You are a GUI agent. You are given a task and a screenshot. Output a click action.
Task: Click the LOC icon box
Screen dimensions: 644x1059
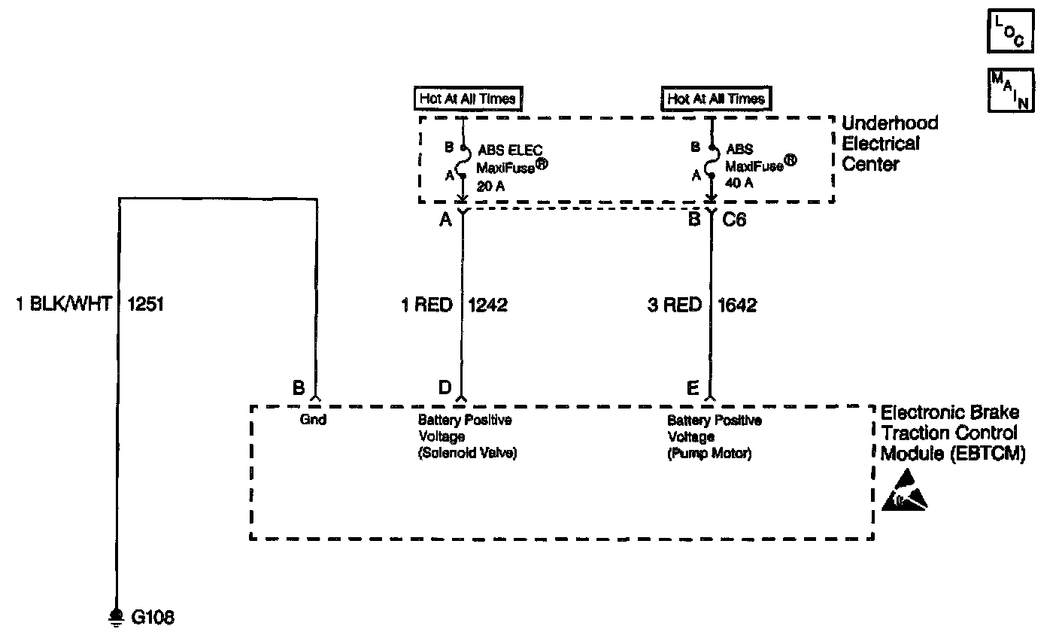click(x=1010, y=32)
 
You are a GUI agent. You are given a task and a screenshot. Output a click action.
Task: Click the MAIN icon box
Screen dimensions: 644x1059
click(x=1010, y=90)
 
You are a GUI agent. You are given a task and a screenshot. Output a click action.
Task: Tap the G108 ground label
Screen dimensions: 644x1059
click(x=153, y=618)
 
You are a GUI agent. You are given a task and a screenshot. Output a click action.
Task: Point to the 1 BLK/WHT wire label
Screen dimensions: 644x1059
click(x=63, y=305)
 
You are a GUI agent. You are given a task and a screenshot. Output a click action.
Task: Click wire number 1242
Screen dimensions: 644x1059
click(x=488, y=305)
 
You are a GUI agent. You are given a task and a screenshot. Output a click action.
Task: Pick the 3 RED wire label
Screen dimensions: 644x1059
click(x=674, y=305)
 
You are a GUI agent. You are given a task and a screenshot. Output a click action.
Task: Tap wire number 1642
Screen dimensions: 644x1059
click(x=737, y=305)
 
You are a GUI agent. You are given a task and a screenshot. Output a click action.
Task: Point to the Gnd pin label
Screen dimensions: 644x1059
click(x=313, y=420)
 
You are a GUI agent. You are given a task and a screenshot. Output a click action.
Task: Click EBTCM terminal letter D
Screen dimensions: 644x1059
click(x=445, y=387)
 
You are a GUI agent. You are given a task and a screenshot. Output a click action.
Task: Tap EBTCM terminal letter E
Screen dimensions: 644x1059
click(x=693, y=387)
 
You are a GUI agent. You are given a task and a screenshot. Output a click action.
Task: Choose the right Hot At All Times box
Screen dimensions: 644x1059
click(x=715, y=99)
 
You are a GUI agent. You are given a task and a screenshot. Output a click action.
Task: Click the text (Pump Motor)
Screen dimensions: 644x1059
click(x=709, y=454)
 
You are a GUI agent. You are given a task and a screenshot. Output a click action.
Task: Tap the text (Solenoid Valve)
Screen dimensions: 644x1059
click(x=468, y=454)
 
